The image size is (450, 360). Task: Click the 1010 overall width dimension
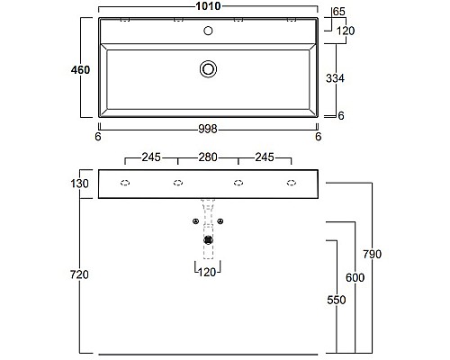(x=208, y=8)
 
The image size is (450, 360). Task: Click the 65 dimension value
(x=339, y=12)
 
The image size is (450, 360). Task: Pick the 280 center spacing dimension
(x=208, y=158)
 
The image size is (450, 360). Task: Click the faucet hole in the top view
(x=209, y=31)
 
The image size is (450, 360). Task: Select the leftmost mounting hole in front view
(x=125, y=184)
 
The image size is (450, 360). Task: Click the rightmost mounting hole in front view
(x=291, y=184)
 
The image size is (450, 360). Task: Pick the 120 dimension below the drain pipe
(x=209, y=271)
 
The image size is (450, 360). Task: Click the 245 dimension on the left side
(x=150, y=158)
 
